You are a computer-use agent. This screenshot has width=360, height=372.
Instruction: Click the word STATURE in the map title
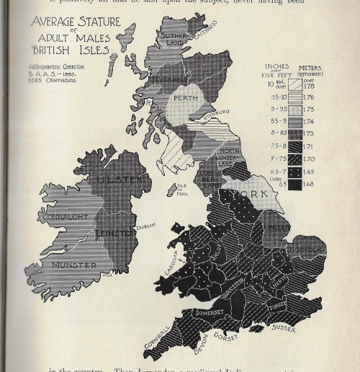(94, 22)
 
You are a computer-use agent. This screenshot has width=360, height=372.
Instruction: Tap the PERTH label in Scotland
(186, 98)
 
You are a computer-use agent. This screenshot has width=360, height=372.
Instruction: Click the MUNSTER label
(73, 265)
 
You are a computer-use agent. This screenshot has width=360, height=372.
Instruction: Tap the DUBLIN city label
(146, 225)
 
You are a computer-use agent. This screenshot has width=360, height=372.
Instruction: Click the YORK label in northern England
(248, 195)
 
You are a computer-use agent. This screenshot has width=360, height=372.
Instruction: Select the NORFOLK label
(307, 250)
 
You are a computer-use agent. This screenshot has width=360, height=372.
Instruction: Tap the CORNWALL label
(158, 341)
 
